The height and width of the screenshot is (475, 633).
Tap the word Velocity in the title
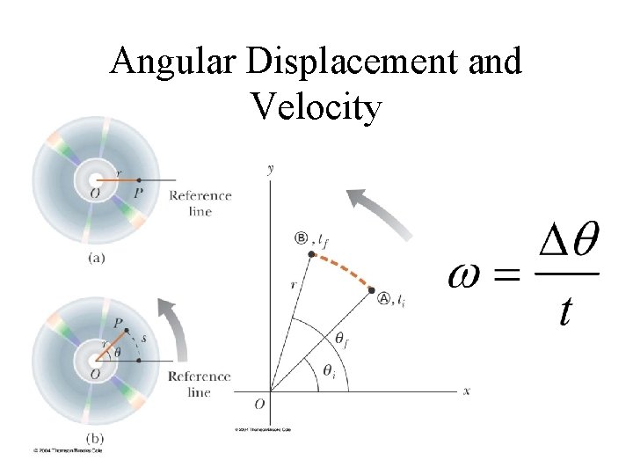tap(316, 107)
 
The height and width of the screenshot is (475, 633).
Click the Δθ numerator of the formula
tap(567, 243)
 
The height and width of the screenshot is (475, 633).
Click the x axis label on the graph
tap(467, 391)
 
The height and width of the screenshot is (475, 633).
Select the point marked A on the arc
tap(371, 290)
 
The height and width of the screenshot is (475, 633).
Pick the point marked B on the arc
tap(310, 254)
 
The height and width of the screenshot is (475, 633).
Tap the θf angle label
tap(340, 338)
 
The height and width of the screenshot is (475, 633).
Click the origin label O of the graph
tap(258, 405)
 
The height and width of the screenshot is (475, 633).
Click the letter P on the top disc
tap(138, 192)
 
